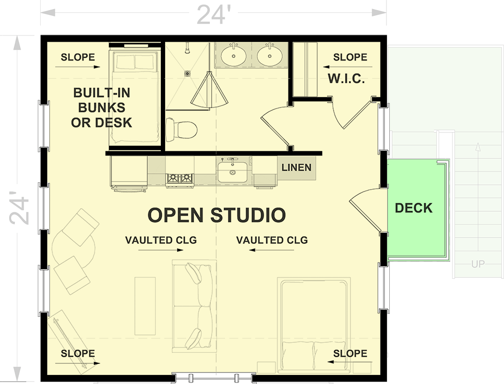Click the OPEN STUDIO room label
[x=216, y=215]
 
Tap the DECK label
[x=413, y=208]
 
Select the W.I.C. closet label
[x=346, y=78]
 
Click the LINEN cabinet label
[x=296, y=168]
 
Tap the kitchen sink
[x=232, y=172]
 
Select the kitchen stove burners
[x=180, y=179]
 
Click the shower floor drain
[x=188, y=73]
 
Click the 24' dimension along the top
[x=211, y=15]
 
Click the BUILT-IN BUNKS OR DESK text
[x=101, y=108]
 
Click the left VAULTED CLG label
[x=161, y=240]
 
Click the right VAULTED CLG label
[x=272, y=240]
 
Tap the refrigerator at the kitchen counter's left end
[x=129, y=172]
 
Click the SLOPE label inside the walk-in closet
[x=350, y=57]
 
